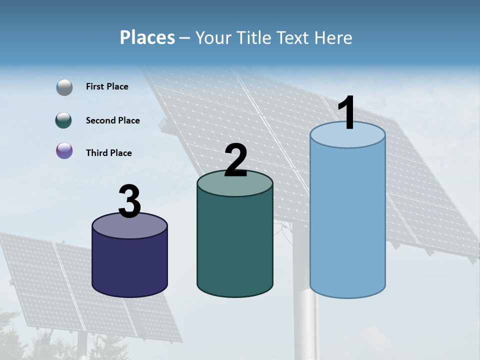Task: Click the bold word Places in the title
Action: [147, 37]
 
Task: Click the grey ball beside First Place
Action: [64, 87]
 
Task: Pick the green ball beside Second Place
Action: [64, 120]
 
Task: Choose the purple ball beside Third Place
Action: [64, 151]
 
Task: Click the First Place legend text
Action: [107, 86]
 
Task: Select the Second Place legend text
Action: [112, 120]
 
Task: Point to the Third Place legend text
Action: [108, 153]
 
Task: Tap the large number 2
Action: [236, 160]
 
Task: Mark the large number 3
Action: [130, 201]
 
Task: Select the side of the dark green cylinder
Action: [234, 245]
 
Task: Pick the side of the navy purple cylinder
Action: [129, 265]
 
